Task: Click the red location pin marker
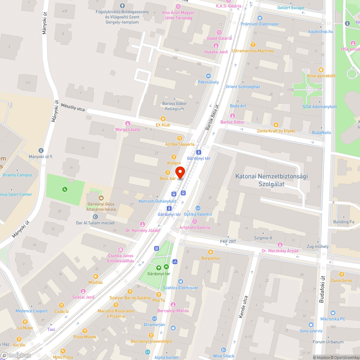click(x=180, y=172)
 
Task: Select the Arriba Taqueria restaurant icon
click(x=180, y=138)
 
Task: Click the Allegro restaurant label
click(x=174, y=163)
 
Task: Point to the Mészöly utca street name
click(x=73, y=107)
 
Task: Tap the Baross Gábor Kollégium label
click(x=175, y=106)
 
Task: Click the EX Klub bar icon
click(x=163, y=119)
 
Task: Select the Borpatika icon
click(x=211, y=252)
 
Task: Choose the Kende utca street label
click(x=244, y=307)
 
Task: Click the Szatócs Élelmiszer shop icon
click(x=180, y=282)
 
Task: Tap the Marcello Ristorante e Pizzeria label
click(x=116, y=314)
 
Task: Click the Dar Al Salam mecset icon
click(x=95, y=217)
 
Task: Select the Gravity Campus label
click(x=17, y=175)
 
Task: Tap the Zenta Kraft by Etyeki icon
click(x=276, y=125)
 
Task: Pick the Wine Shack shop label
click(x=223, y=356)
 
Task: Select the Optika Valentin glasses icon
click(x=198, y=208)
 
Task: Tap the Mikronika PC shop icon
click(x=333, y=313)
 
